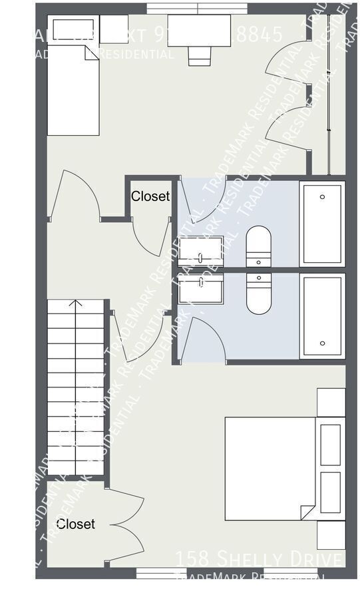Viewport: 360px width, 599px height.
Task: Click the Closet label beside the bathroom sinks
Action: tap(150, 196)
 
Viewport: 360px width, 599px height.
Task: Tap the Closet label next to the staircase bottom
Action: tap(75, 524)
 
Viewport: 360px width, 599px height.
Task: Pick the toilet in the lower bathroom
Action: tap(259, 294)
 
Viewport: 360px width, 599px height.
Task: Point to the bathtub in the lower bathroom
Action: tap(322, 315)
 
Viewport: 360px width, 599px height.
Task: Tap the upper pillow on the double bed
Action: tap(331, 444)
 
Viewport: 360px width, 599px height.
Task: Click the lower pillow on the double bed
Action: tap(331, 493)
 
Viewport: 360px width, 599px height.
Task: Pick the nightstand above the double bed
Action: tap(331, 402)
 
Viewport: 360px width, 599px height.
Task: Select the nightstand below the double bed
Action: tap(331, 535)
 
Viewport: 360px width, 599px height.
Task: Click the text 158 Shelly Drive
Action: tap(260, 558)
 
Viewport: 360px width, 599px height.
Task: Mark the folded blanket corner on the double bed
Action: tap(307, 512)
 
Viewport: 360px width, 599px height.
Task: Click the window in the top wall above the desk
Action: tap(197, 9)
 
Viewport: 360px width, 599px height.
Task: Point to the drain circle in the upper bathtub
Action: tap(322, 197)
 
